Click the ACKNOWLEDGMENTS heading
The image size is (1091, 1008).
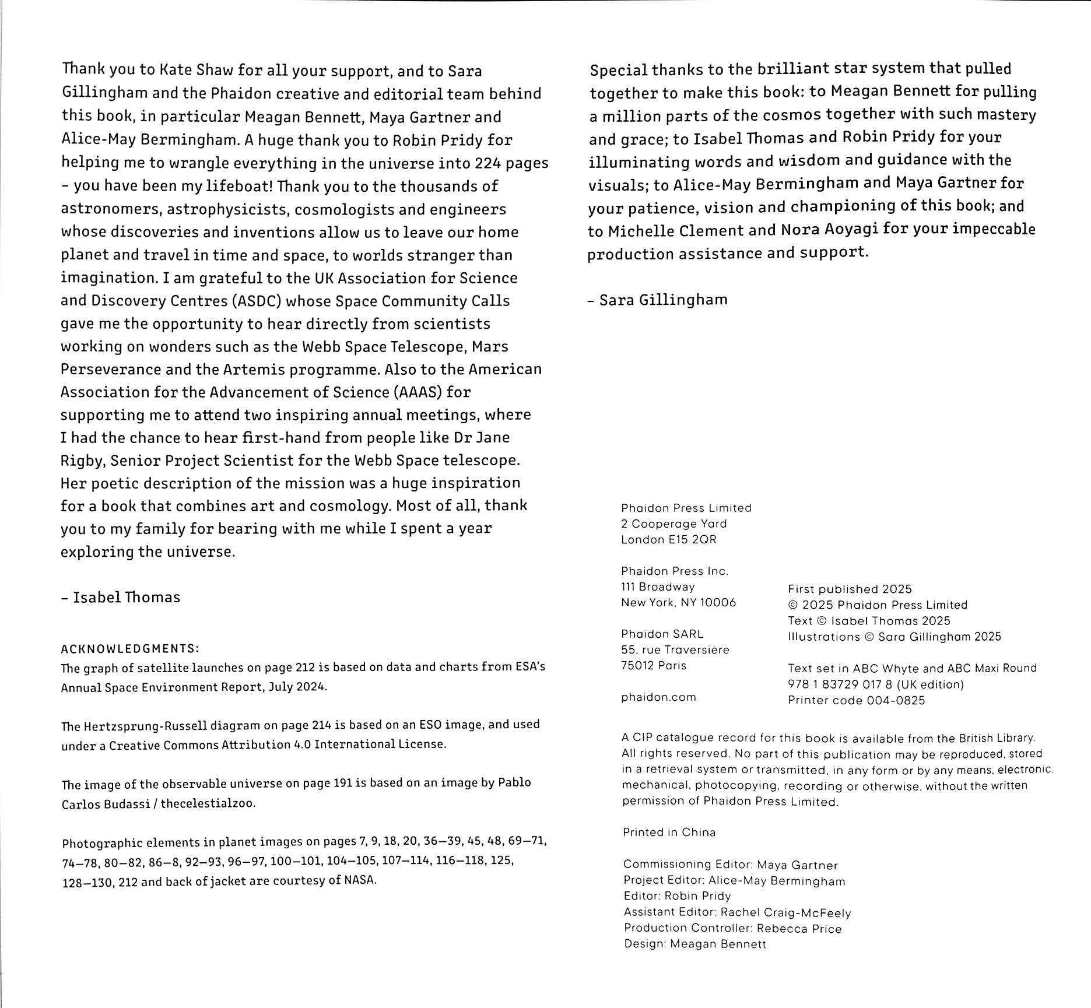130,648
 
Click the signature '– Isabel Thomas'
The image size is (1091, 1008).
120,598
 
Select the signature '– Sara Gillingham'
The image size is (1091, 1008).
658,300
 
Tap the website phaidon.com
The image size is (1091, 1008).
658,697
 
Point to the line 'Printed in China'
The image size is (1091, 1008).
669,833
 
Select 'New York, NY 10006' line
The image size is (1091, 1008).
678,603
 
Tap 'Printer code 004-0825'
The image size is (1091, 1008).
856,701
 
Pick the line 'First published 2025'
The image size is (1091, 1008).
850,589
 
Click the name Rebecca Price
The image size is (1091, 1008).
799,929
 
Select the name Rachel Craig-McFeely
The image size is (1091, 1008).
785,912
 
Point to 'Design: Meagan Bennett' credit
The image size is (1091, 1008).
694,944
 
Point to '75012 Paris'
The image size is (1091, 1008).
653,666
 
